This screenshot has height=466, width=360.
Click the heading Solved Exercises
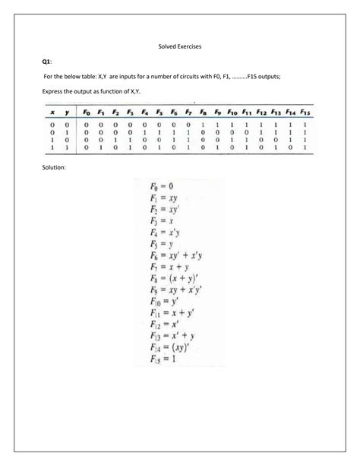(179, 46)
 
